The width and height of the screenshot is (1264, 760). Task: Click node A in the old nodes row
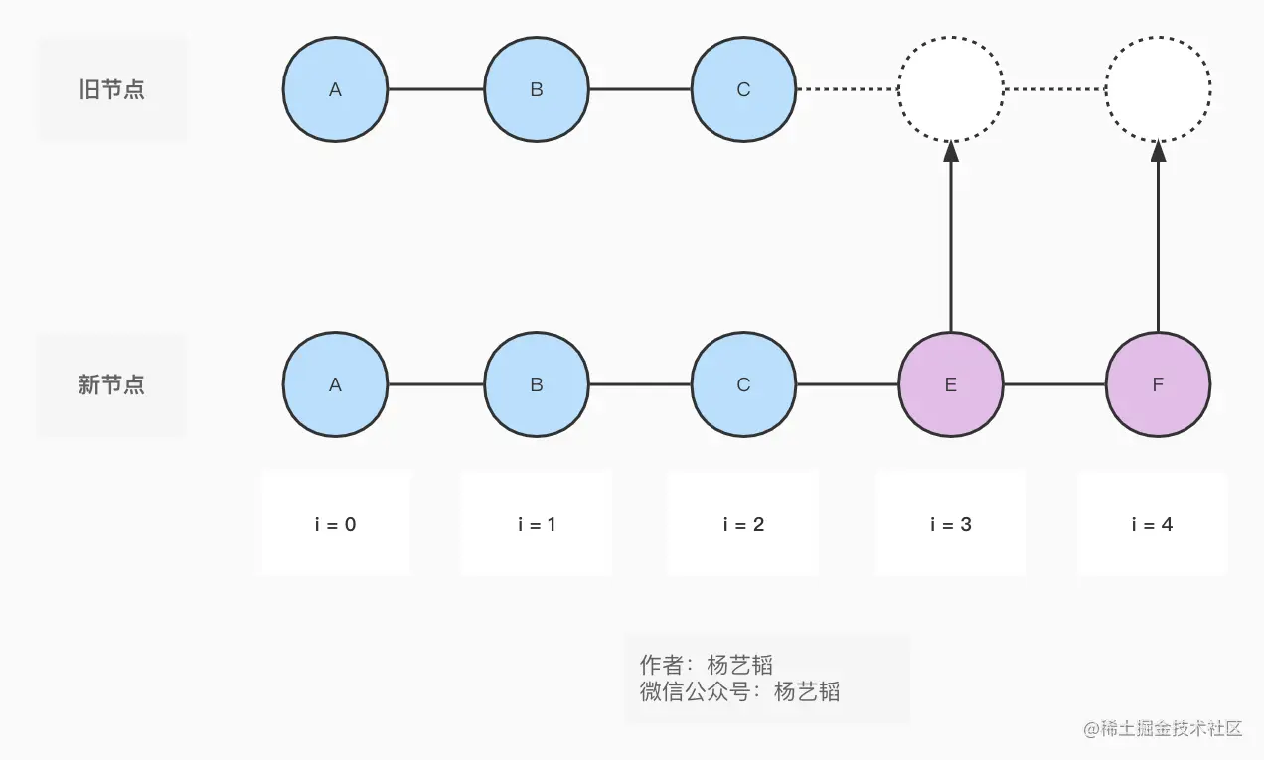pos(335,89)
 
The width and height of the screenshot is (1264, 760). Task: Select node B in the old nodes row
pos(537,89)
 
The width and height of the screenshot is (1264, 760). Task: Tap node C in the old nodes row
pos(743,89)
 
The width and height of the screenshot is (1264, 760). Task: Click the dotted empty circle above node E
pos(951,89)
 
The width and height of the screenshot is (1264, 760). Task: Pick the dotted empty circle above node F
pos(1158,89)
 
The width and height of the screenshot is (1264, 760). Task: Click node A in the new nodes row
pos(335,384)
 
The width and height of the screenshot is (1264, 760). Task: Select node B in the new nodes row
pos(537,384)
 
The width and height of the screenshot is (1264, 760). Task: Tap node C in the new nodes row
pos(743,384)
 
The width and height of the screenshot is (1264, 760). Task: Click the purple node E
pos(951,384)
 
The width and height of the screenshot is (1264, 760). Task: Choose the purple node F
pos(1158,384)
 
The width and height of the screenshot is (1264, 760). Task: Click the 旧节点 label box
pos(111,89)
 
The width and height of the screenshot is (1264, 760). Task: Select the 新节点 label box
pos(111,384)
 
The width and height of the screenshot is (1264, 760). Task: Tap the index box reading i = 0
pos(336,524)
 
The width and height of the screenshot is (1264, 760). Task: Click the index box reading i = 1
pos(537,524)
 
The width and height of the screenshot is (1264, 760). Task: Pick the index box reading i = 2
pos(743,524)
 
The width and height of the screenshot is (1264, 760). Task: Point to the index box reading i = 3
pos(951,524)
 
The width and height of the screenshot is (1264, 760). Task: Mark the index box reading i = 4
pos(1153,524)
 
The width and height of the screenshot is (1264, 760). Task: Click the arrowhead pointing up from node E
pos(951,152)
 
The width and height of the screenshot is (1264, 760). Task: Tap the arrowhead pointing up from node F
pos(1158,152)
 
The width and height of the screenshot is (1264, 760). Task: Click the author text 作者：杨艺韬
pos(706,665)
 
